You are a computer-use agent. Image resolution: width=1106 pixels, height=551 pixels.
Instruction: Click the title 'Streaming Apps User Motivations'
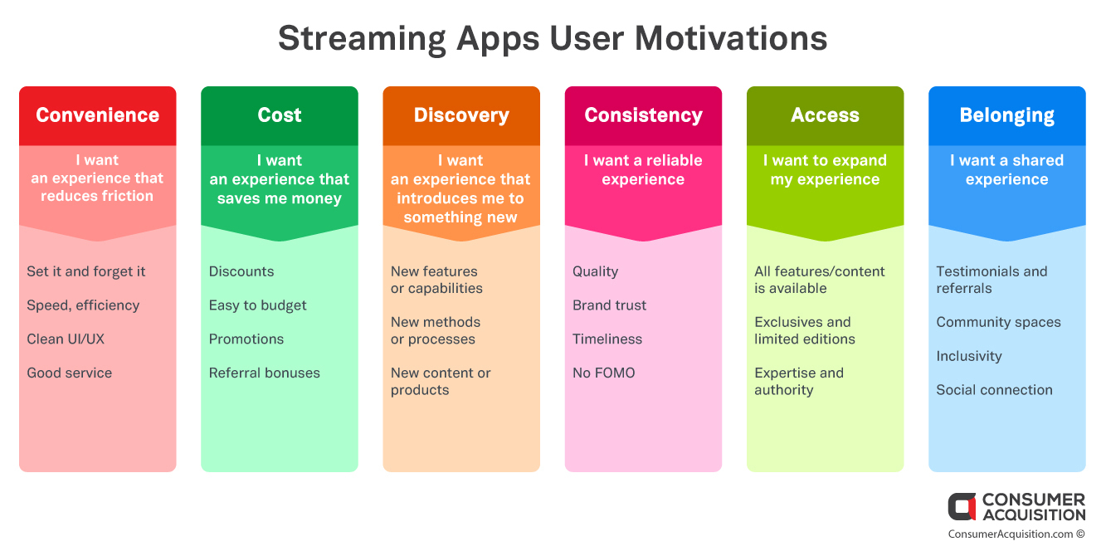[553, 39]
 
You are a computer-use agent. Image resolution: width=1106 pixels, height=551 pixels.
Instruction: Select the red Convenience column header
[97, 115]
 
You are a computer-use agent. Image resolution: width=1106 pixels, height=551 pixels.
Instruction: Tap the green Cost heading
[280, 115]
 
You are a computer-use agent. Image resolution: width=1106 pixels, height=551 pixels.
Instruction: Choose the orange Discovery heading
[461, 115]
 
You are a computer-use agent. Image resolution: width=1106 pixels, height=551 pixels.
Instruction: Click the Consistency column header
[643, 115]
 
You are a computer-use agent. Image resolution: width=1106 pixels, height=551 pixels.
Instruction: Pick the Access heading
[825, 115]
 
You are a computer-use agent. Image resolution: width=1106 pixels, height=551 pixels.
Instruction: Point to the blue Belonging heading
[1006, 115]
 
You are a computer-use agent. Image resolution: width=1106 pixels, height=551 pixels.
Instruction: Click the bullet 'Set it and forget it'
[86, 271]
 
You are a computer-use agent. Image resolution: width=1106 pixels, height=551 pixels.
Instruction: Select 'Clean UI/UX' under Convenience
[66, 339]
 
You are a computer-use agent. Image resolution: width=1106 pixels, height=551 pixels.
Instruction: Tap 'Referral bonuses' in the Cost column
[264, 373]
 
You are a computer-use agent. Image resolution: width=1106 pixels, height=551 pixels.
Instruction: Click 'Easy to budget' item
[257, 305]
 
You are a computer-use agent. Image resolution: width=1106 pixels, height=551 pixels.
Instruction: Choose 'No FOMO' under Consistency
[604, 373]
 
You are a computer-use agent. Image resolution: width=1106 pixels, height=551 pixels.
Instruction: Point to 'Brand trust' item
[609, 305]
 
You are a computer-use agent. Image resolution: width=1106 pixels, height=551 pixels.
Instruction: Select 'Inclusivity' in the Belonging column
[969, 357]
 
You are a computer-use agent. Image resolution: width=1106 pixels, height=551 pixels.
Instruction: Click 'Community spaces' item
[998, 323]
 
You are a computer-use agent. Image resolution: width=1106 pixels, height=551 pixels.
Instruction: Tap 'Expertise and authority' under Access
[799, 381]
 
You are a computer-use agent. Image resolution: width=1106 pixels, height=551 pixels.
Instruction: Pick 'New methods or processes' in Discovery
[436, 330]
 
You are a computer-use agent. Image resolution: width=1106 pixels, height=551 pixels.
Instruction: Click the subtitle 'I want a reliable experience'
[643, 170]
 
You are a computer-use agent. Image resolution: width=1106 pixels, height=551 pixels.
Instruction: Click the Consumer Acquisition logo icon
[962, 506]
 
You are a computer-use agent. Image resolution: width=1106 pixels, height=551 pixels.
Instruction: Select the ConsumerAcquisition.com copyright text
[1016, 534]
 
